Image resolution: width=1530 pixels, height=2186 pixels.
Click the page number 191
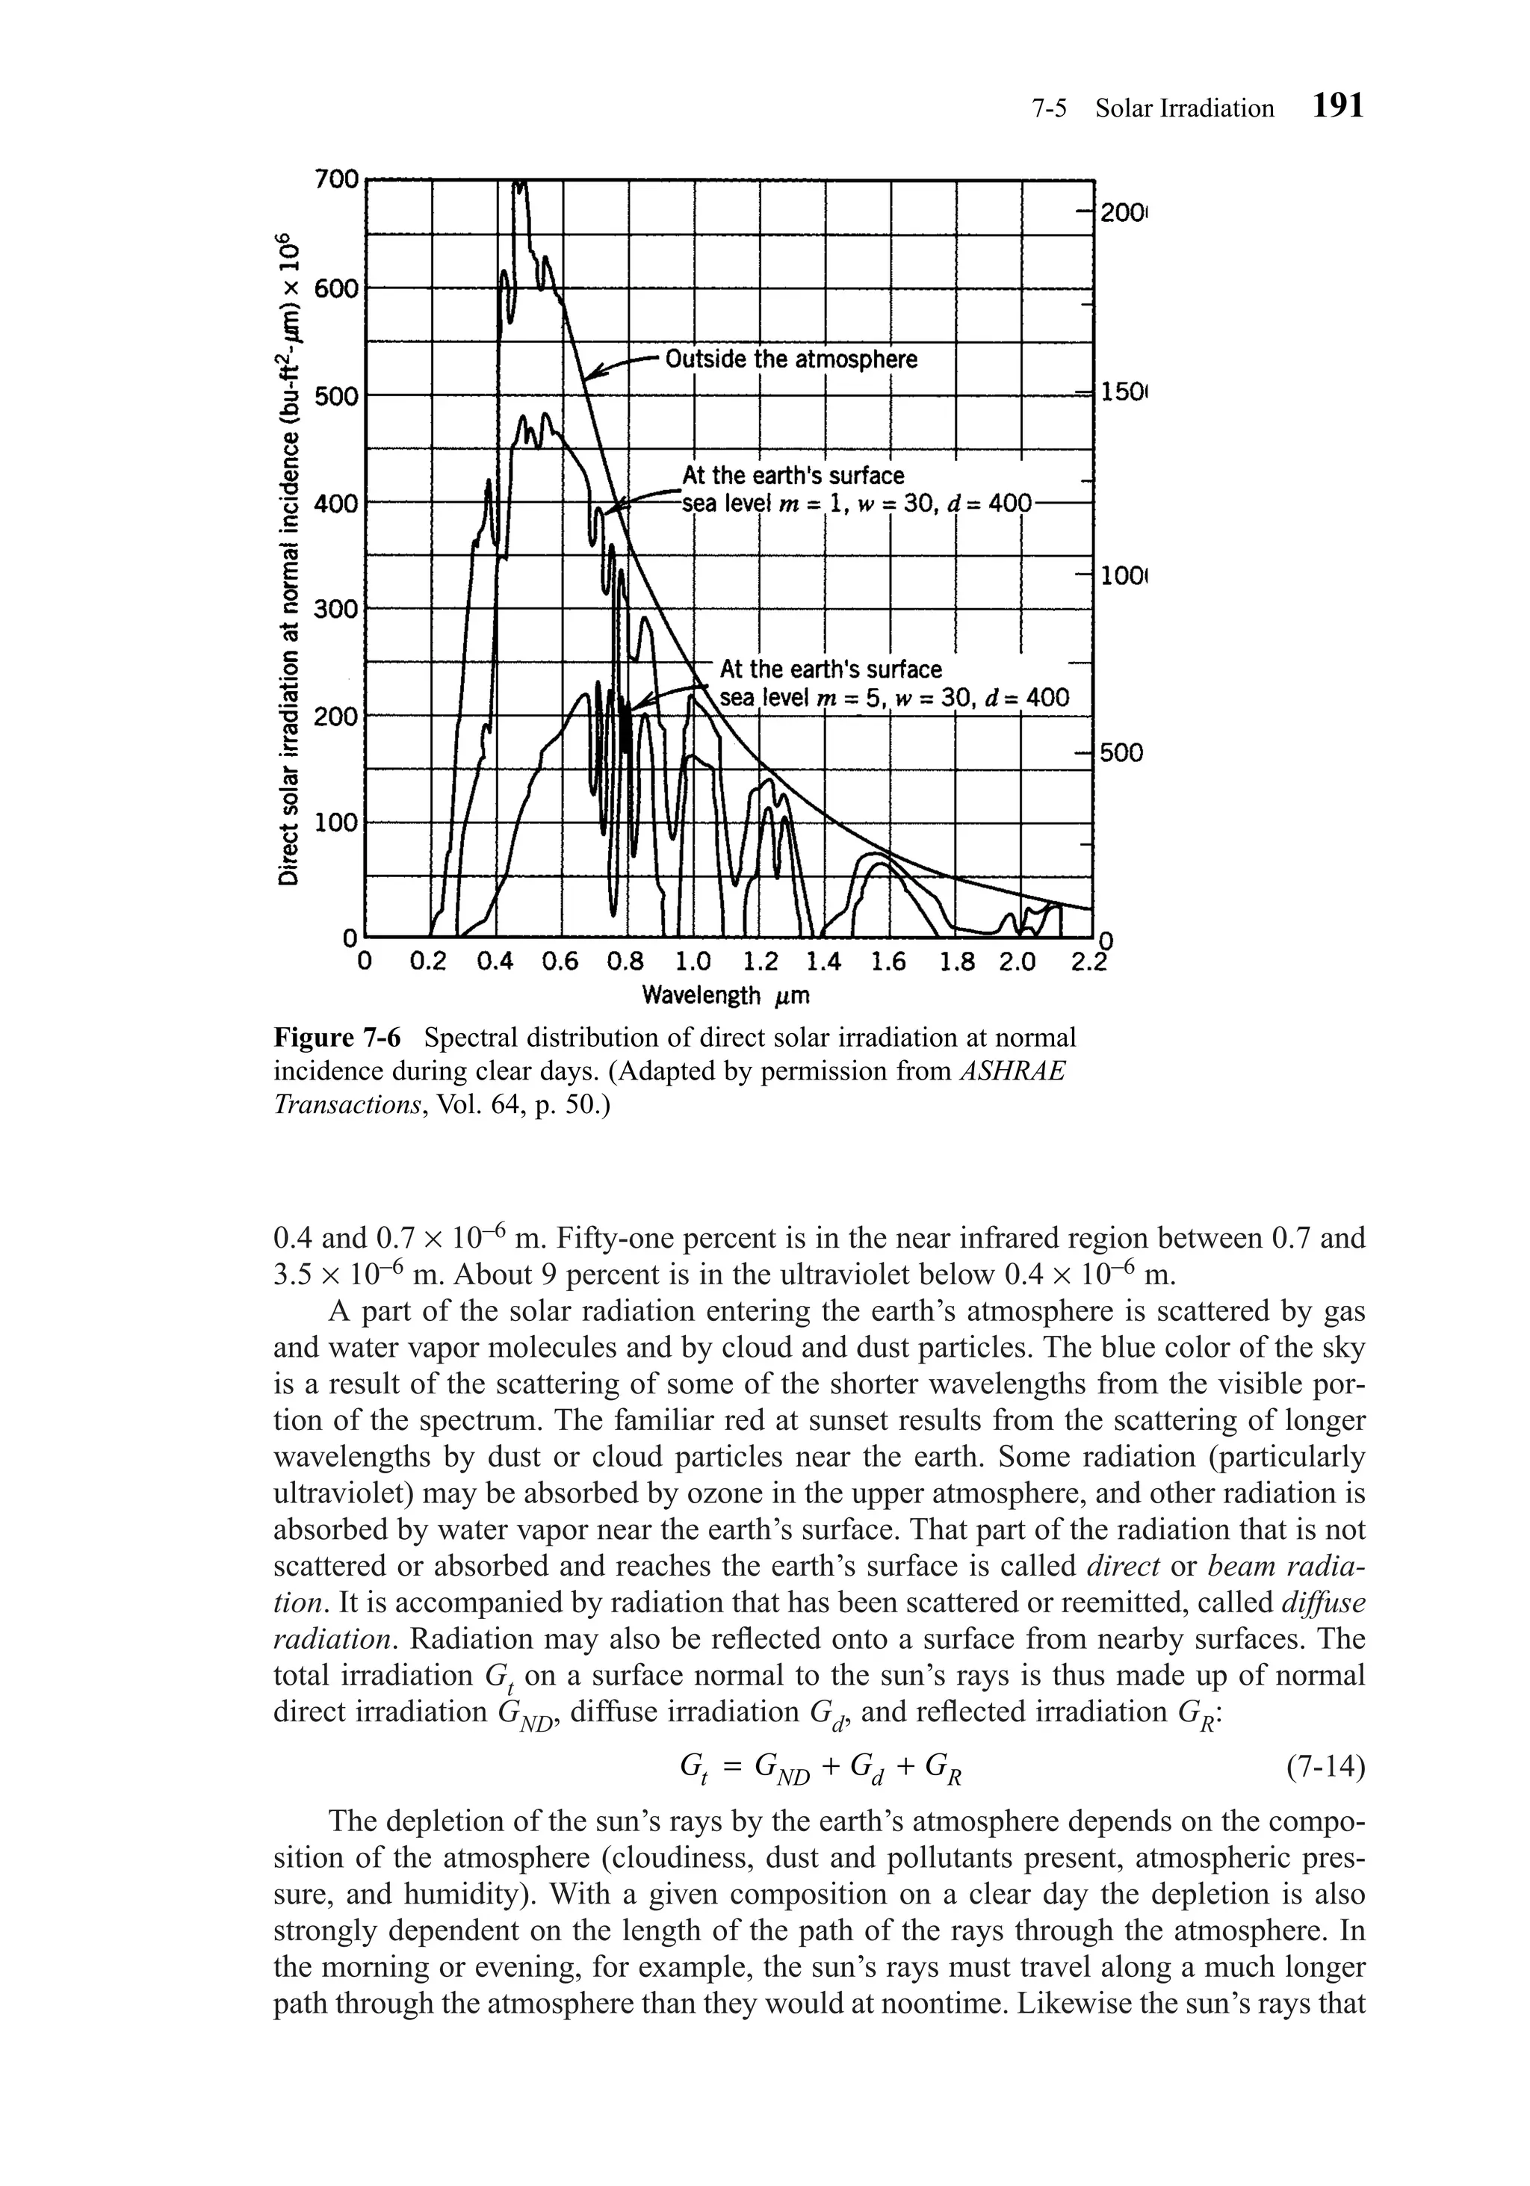[1337, 105]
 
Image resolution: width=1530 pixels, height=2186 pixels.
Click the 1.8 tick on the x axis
[957, 962]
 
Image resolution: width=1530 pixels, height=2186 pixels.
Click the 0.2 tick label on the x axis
[427, 962]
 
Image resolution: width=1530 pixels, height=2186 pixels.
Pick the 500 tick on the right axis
[1121, 753]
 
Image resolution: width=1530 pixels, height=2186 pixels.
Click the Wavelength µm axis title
[725, 996]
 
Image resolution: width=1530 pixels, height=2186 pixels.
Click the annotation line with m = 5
[893, 698]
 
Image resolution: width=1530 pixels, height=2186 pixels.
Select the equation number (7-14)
[1325, 1769]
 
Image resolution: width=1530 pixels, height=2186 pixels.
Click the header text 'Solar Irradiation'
[1183, 108]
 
